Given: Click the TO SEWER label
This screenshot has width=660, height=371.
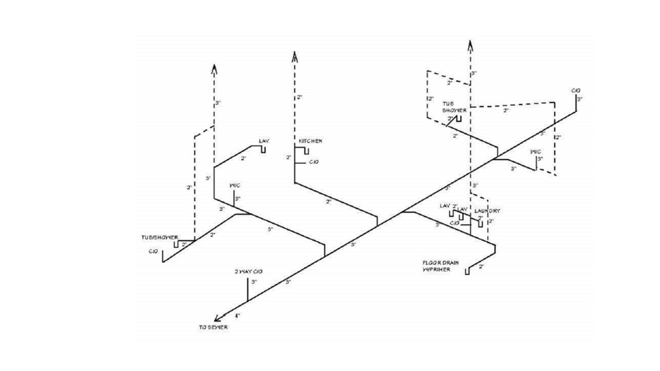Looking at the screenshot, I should tap(213, 327).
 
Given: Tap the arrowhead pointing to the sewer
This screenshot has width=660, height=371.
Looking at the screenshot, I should tap(218, 318).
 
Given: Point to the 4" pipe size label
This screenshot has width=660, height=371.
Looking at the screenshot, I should tap(238, 315).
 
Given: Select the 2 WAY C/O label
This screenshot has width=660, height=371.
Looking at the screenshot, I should tap(249, 272).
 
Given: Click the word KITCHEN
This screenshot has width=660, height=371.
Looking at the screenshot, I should tap(311, 141).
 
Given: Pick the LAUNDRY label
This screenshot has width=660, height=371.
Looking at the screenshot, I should tap(487, 211).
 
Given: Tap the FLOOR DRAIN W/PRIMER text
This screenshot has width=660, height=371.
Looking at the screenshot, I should tap(440, 265).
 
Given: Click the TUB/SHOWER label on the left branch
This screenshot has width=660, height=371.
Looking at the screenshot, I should tap(160, 238).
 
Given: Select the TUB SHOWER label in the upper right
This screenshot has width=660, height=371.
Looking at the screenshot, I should tap(454, 107).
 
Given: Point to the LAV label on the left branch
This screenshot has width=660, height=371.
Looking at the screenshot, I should tap(264, 141).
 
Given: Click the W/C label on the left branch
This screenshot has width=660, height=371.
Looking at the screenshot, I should tap(235, 185).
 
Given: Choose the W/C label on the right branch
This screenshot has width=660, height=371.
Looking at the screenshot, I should tap(536, 151).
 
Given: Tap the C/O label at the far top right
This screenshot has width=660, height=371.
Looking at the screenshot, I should tap(576, 91).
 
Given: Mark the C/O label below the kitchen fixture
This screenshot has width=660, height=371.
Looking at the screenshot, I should tap(313, 162).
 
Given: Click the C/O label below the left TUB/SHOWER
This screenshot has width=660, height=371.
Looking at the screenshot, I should tap(153, 251).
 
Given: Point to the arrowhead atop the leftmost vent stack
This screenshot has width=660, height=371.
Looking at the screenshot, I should tap(214, 70).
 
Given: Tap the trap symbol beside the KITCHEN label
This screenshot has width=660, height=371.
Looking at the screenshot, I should tap(305, 150).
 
